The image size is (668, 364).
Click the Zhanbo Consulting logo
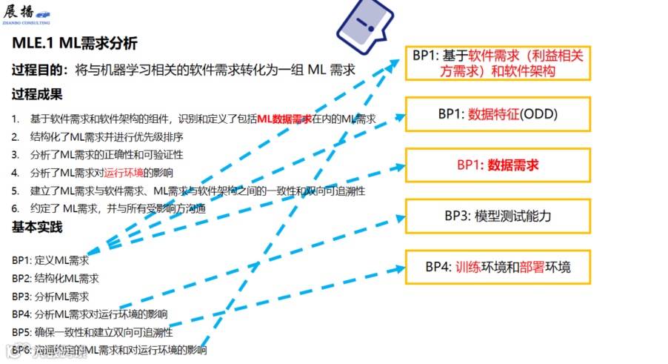[39, 16]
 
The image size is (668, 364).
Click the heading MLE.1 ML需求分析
[74, 44]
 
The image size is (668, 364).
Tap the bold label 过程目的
[36, 70]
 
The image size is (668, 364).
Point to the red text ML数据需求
[284, 119]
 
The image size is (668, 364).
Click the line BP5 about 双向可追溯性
[93, 332]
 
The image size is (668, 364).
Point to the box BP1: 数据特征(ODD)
[497, 114]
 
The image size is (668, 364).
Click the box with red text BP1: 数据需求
[497, 165]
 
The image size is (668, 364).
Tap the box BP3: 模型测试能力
[497, 216]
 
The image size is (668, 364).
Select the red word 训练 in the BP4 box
[468, 267]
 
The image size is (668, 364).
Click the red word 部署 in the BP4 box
[532, 267]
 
